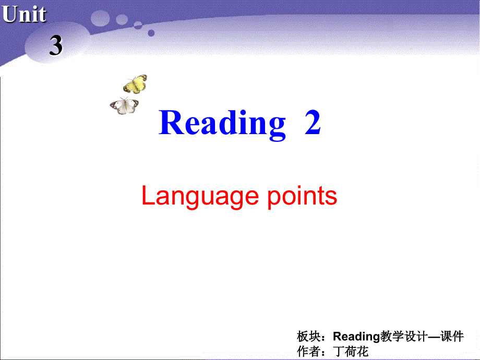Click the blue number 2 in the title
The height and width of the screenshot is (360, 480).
[x=312, y=124]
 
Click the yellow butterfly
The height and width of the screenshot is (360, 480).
[x=135, y=83]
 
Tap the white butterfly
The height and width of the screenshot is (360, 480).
[x=124, y=105]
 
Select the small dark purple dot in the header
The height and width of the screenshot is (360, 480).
[x=151, y=33]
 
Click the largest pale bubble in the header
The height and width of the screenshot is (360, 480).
[x=100, y=19]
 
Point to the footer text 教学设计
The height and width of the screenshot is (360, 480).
[x=404, y=337]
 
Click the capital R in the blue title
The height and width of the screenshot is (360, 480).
[x=170, y=123]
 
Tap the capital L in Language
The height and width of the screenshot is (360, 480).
[x=147, y=196]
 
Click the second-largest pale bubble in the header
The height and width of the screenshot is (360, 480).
[x=122, y=19]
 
